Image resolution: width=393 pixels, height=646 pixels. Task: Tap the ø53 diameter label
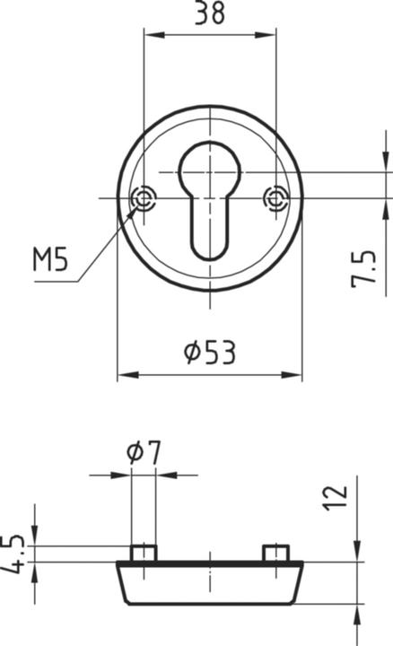click(209, 353)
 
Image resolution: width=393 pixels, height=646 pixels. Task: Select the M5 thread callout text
click(50, 261)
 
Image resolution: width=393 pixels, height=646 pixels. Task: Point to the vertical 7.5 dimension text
click(363, 269)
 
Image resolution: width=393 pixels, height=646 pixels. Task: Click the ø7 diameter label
click(144, 453)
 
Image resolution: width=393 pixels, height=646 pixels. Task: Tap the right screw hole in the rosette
click(276, 198)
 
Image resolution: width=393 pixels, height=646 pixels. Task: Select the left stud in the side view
click(144, 552)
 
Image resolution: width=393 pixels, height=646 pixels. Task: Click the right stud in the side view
click(276, 552)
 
